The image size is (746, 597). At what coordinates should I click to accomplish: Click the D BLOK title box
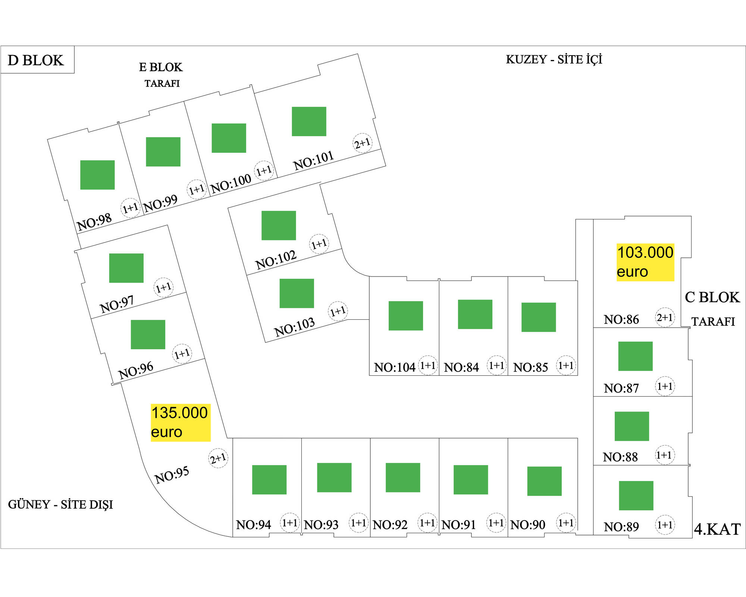[x=37, y=60]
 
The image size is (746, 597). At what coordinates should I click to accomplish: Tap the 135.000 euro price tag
[x=181, y=422]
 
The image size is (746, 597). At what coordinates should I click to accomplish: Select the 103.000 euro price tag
[x=645, y=262]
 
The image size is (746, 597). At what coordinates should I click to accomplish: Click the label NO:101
[x=313, y=160]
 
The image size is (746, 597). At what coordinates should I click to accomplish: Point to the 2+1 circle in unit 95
[x=218, y=458]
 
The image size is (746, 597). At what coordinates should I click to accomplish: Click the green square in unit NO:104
[x=405, y=316]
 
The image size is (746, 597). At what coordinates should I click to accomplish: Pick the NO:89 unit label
[x=621, y=527]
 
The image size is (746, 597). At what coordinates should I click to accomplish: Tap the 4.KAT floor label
[x=717, y=529]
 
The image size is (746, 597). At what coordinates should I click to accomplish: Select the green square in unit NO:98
[x=97, y=175]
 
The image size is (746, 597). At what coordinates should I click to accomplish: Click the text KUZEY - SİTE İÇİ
[x=554, y=59]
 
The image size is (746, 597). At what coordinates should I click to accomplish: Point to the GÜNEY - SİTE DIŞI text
[x=60, y=504]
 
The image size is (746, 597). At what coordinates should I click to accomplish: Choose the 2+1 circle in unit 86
[x=665, y=318]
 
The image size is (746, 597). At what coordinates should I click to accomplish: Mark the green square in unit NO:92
[x=403, y=478]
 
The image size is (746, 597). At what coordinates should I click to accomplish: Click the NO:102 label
[x=276, y=260]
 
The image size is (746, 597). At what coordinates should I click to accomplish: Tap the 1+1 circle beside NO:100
[x=264, y=171]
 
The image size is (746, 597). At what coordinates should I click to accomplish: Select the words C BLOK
[x=712, y=297]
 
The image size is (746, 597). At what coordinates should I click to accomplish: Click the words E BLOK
[x=161, y=67]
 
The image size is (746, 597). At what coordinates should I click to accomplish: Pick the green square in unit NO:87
[x=635, y=356]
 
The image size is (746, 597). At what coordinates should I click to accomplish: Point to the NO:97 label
[x=117, y=304]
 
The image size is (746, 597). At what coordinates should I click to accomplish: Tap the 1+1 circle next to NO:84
[x=496, y=365]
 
